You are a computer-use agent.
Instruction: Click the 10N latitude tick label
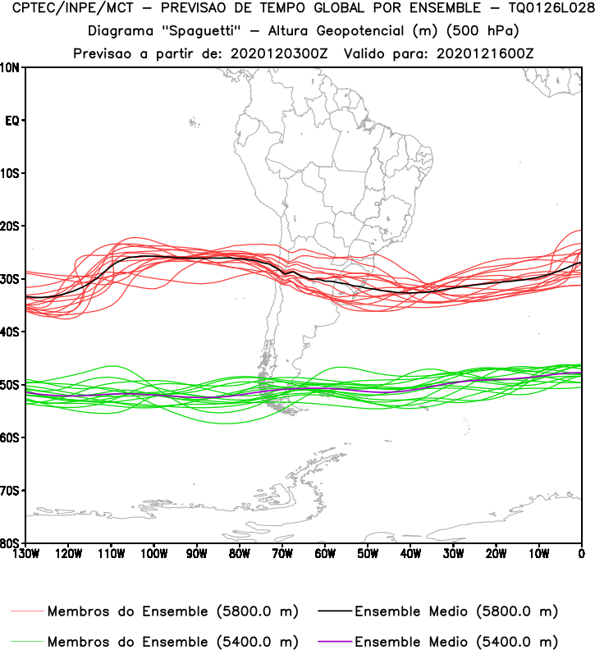point(11,67)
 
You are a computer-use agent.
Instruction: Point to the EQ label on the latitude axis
point(11,121)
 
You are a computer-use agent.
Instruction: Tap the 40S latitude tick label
point(11,332)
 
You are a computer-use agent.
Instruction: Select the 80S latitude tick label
point(11,542)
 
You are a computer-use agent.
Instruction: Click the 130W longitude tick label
point(25,554)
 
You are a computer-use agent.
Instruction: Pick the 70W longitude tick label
point(282,554)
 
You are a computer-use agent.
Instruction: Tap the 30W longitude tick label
point(453,554)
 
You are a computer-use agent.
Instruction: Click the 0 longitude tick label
point(581,554)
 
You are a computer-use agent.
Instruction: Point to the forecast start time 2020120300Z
point(276,53)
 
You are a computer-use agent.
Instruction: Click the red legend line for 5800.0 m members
point(28,611)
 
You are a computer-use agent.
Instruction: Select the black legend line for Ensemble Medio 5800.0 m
point(331,611)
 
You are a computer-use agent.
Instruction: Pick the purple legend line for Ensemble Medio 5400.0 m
point(331,641)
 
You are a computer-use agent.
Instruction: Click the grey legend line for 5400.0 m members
point(28,641)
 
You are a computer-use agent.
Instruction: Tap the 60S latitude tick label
point(11,437)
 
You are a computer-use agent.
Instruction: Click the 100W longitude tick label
point(153,554)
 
